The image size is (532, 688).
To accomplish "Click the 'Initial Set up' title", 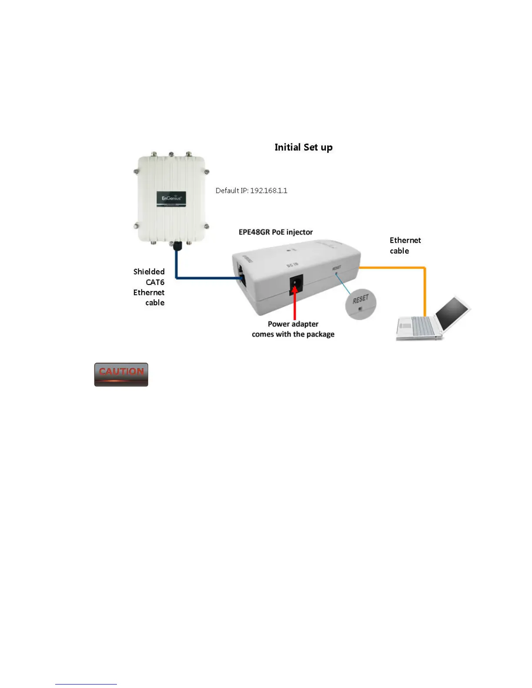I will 303,147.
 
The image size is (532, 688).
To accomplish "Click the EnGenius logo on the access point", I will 171,198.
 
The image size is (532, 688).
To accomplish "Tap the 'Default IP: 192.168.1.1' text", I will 251,191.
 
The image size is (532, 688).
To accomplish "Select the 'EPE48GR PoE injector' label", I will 276,232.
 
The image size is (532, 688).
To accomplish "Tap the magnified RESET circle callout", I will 360,304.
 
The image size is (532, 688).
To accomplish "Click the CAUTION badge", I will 121,374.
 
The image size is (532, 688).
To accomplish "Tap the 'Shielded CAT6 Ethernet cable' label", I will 149,287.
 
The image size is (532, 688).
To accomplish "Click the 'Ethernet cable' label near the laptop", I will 405,245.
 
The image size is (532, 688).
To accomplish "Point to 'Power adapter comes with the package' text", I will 293,329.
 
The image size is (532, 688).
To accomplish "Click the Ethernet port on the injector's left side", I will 240,277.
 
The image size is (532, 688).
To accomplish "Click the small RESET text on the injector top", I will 336,268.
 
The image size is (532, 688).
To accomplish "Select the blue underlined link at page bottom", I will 86,684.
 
